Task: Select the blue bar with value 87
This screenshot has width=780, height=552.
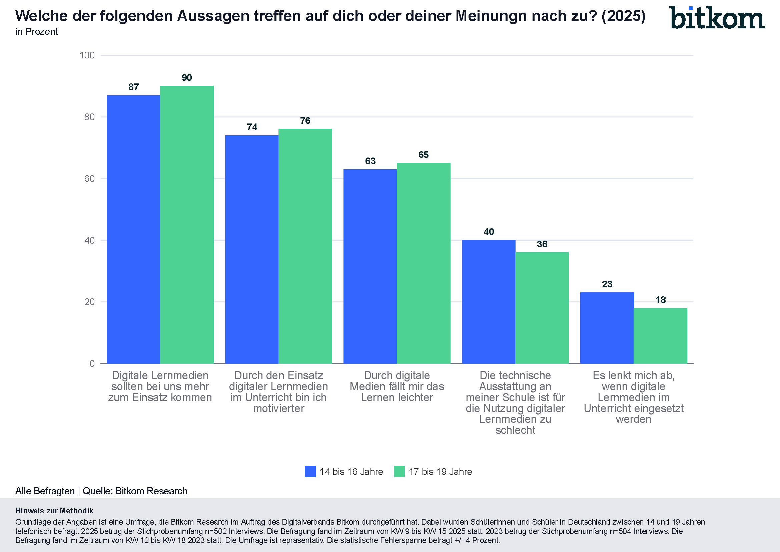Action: tap(133, 229)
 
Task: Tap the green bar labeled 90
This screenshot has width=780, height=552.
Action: tap(187, 224)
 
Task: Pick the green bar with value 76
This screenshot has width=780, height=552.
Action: tap(305, 246)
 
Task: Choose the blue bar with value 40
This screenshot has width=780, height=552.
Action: tap(489, 301)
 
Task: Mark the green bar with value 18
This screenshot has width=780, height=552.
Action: tap(660, 335)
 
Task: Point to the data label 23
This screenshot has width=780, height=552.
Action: tap(607, 284)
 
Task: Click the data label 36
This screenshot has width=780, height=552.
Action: tap(542, 244)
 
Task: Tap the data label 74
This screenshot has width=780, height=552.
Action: tap(252, 127)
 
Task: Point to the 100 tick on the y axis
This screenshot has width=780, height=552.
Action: tap(87, 55)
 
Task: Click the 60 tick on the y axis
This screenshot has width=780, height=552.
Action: tap(89, 179)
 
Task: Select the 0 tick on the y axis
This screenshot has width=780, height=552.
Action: tap(92, 364)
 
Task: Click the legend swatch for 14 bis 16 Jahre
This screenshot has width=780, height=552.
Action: tap(310, 472)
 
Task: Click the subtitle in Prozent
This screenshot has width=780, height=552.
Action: tap(37, 32)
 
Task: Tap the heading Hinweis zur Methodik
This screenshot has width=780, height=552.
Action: tap(54, 511)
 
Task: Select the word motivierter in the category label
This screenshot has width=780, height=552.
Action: tap(278, 408)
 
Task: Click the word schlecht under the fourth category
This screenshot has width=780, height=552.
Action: tap(515, 430)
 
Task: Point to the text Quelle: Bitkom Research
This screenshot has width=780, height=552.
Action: tap(135, 491)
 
